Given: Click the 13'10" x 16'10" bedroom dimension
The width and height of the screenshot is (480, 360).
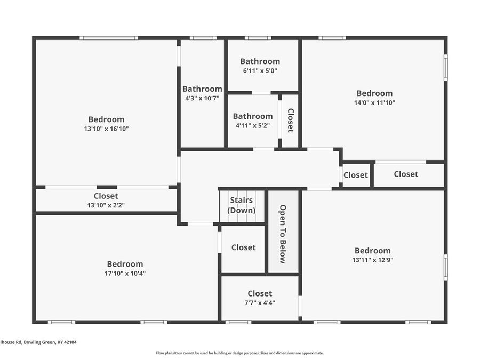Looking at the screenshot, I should [106, 129].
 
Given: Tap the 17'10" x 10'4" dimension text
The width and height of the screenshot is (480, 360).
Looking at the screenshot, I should [125, 273].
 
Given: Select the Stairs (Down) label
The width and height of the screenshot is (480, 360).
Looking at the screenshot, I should [242, 205].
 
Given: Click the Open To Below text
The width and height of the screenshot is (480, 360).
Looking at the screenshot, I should [283, 234].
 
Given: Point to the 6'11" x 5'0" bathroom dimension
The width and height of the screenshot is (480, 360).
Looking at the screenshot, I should [260, 70].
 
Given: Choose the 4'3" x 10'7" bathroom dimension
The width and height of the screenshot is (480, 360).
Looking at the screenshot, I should [202, 98].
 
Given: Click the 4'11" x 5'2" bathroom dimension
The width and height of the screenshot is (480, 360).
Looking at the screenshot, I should [253, 125].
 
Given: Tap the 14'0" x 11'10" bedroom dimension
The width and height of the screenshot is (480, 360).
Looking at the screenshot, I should [374, 102].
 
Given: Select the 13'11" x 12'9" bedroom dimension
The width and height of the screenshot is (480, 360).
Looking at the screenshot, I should [372, 260].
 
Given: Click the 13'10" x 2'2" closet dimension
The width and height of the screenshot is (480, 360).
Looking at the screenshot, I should [106, 205].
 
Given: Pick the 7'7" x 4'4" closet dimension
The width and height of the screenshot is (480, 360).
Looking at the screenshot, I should [260, 302].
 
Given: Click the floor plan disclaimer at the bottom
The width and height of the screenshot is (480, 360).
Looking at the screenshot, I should [239, 353].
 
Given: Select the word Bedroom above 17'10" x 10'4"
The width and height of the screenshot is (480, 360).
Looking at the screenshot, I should [125, 264].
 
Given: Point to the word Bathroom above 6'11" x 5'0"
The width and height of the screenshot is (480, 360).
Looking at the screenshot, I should [260, 61].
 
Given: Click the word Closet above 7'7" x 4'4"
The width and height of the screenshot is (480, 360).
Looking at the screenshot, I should [260, 293].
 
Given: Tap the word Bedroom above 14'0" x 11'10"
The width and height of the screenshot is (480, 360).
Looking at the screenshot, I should [374, 93].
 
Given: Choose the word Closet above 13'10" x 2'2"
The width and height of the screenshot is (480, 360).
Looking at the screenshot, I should [106, 196].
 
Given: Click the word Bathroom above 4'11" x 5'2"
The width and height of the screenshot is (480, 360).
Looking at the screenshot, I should [253, 116].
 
